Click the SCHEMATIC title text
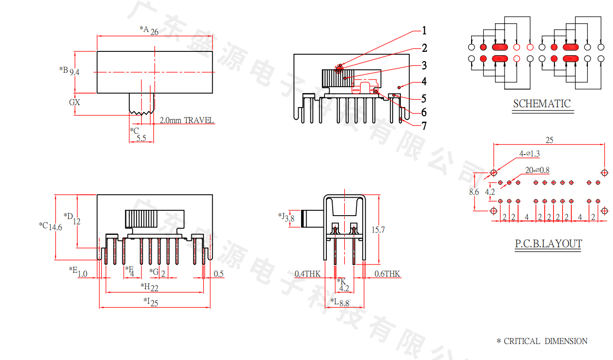tap(542, 103)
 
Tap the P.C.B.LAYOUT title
tap(548, 243)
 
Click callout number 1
tap(424, 31)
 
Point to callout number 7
tap(424, 126)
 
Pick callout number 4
tap(424, 81)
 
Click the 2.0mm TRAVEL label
tap(186, 120)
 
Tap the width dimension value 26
tap(154, 32)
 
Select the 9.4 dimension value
tap(75, 72)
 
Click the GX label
tap(75, 103)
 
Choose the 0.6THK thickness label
tap(388, 274)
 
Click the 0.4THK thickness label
tap(307, 274)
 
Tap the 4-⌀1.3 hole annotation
tap(529, 154)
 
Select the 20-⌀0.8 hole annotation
tap(537, 170)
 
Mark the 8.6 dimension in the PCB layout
tap(474, 192)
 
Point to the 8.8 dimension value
tap(344, 304)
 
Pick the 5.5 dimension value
tap(141, 138)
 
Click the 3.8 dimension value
tap(290, 219)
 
